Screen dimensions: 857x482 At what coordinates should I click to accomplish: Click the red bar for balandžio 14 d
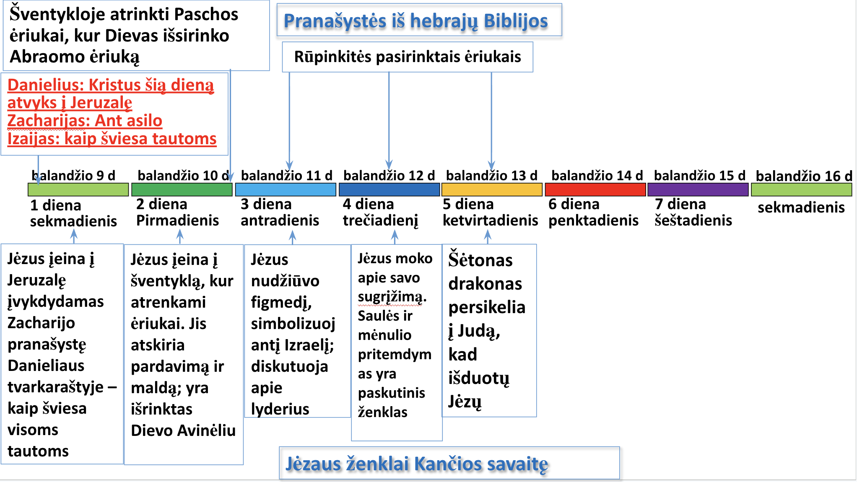coord(595,190)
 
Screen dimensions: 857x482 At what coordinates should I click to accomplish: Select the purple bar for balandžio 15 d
coord(698,190)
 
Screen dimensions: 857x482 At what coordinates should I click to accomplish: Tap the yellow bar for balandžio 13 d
coord(492,190)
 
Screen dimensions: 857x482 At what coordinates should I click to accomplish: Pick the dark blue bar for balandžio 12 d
coord(389,190)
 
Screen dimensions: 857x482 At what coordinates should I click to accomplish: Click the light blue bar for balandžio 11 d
coord(286,190)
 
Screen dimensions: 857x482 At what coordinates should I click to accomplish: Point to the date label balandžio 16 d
coord(804,176)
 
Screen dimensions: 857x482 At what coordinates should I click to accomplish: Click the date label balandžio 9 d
coord(73,176)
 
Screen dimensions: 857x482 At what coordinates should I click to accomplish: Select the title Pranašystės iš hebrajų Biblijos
coord(416,21)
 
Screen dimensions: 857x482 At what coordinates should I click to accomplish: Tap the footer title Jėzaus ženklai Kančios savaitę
coord(417,464)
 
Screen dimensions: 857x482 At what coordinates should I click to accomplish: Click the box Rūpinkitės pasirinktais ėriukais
coord(408,57)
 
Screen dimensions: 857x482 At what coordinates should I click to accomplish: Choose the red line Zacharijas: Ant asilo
coord(85,121)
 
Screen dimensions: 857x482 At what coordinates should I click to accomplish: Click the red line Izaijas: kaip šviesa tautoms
coord(112,139)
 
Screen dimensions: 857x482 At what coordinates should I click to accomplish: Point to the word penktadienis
coord(593,220)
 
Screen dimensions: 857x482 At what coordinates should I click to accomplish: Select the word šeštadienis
coord(693,220)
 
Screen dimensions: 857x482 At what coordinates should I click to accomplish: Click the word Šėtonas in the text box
coord(480,260)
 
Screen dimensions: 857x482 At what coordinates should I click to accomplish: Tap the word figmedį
coord(281,302)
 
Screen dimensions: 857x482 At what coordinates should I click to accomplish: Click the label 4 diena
coord(368,204)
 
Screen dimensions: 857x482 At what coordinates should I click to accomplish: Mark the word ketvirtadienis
coord(491,220)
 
